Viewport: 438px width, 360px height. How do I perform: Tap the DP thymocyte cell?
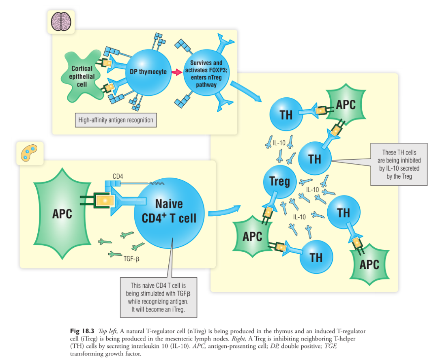[148, 72]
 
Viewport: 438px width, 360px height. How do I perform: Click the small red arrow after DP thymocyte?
[176, 72]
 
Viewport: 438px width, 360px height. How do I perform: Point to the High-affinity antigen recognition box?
[116, 120]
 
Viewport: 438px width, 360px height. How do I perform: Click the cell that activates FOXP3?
[206, 73]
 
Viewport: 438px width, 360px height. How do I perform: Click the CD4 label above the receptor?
[118, 176]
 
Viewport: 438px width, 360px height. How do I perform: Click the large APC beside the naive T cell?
[62, 214]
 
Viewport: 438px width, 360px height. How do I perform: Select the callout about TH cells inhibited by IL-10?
[399, 164]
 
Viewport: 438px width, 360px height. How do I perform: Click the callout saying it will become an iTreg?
[159, 297]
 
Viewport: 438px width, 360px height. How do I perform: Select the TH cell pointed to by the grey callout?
[315, 159]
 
